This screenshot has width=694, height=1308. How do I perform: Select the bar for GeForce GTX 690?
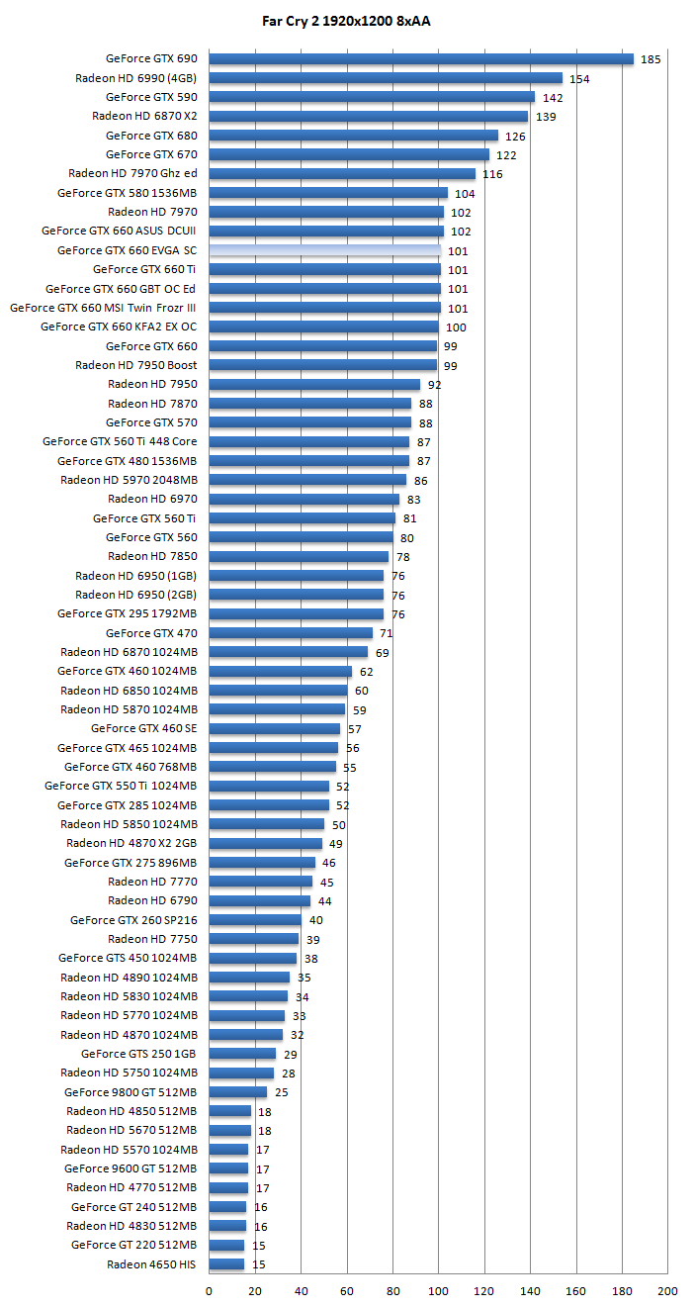pyautogui.click(x=421, y=59)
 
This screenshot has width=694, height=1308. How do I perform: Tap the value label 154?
pyautogui.click(x=579, y=79)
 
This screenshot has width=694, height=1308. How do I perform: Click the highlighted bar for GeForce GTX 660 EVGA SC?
pyautogui.click(x=324, y=251)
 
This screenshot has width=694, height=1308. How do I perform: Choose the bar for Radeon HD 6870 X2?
pyautogui.click(x=368, y=117)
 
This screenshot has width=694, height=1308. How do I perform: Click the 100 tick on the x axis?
pyautogui.click(x=438, y=1291)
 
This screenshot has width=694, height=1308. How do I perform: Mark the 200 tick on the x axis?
pyautogui.click(x=668, y=1291)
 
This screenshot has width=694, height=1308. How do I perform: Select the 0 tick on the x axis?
pyautogui.click(x=209, y=1291)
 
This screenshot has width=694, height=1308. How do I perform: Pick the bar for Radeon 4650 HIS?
pyautogui.click(x=226, y=1264)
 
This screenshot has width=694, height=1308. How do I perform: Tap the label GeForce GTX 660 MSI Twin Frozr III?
pyautogui.click(x=103, y=308)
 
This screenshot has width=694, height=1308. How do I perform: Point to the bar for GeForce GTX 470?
pyautogui.click(x=291, y=633)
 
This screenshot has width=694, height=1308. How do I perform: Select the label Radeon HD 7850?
pyautogui.click(x=152, y=557)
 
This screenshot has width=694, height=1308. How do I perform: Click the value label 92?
pyautogui.click(x=434, y=385)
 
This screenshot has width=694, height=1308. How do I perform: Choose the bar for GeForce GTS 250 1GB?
pyautogui.click(x=242, y=1054)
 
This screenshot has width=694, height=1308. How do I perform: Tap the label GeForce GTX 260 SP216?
pyautogui.click(x=133, y=920)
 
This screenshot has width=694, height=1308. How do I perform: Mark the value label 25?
pyautogui.click(x=281, y=1092)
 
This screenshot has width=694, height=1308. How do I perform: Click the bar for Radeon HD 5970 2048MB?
pyautogui.click(x=307, y=480)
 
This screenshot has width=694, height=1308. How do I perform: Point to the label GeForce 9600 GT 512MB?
pyautogui.click(x=130, y=1168)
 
